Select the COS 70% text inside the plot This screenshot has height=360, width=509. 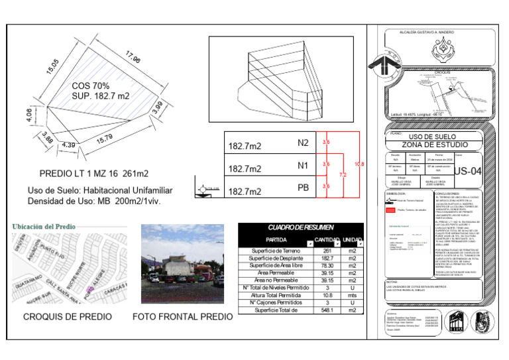click(x=90, y=86)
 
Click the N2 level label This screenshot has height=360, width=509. click(x=304, y=142)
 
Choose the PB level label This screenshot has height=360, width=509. click(x=304, y=188)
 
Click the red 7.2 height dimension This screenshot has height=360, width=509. click(x=343, y=174)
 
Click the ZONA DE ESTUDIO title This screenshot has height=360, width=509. click(x=434, y=145)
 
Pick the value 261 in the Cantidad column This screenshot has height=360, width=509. click(x=327, y=251)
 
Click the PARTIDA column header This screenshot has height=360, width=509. click(x=276, y=239)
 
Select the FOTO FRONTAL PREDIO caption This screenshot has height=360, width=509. click(x=183, y=317)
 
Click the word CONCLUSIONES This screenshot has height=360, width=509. click(x=450, y=192)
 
